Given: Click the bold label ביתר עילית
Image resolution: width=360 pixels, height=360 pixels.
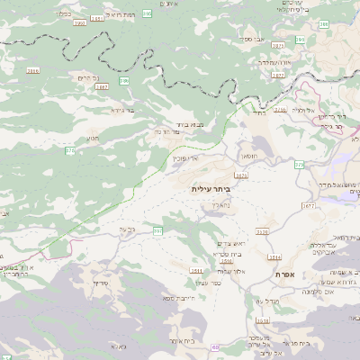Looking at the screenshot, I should tap(211, 190).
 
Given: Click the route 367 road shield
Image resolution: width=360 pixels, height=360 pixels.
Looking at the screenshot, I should tap(158, 231).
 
